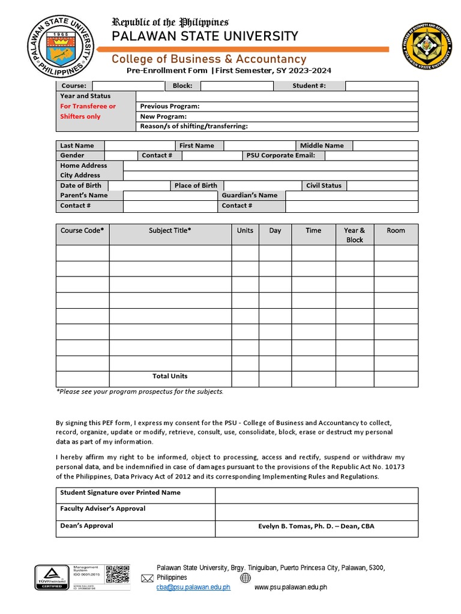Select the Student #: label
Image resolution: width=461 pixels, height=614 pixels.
(x=309, y=86)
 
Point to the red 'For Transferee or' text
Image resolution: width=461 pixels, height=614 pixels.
(x=88, y=106)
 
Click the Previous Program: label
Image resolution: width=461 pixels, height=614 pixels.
(x=170, y=106)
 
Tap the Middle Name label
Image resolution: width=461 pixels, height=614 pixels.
(x=322, y=146)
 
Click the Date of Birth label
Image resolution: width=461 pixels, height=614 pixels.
(x=81, y=185)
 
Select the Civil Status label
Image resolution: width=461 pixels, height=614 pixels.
(x=324, y=185)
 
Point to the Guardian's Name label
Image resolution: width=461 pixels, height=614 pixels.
(x=250, y=195)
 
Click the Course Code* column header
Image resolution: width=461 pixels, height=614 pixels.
(x=82, y=230)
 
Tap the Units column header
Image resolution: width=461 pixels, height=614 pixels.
(x=245, y=230)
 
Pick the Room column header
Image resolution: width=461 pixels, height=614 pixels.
(x=396, y=230)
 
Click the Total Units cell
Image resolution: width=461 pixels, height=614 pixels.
(x=170, y=377)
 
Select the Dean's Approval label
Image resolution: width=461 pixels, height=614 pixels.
(x=86, y=526)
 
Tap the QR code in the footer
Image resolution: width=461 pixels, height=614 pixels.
(x=118, y=574)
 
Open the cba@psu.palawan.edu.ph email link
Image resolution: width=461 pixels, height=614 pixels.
(x=193, y=588)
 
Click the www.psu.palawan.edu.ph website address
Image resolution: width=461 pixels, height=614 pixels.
(x=291, y=588)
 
